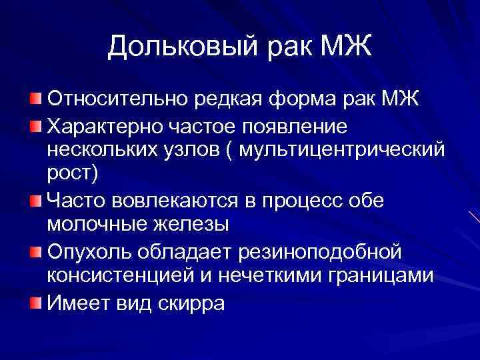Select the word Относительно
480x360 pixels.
tap(117, 101)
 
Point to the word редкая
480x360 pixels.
tap(233, 101)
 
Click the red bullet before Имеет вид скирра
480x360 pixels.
tap(35, 303)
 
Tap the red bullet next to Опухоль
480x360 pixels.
tap(35, 251)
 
